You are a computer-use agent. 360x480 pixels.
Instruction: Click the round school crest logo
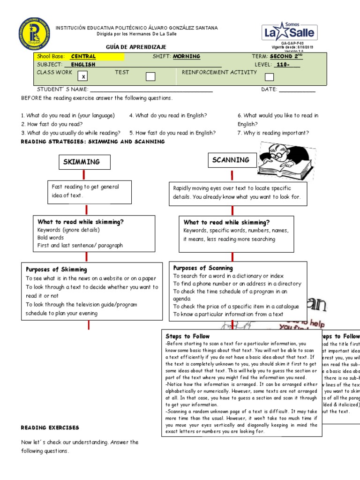[34, 34]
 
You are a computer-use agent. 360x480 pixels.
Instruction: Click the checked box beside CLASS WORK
[83, 76]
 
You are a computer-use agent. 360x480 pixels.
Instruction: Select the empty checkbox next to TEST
[150, 76]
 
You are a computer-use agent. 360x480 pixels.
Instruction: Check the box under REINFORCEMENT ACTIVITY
[269, 77]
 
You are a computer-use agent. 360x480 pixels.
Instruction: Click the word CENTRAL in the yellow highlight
[83, 56]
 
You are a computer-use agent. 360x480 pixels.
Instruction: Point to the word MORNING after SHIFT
[187, 56]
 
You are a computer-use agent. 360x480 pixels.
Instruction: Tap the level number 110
[282, 65]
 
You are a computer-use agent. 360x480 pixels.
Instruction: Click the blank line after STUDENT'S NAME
[151, 90]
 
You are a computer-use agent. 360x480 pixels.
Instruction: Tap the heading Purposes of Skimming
[56, 270]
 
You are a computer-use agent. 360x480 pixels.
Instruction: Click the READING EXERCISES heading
[50, 427]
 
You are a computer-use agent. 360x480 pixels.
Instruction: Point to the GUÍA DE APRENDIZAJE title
[136, 47]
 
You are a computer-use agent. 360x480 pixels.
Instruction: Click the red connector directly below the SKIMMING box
[84, 175]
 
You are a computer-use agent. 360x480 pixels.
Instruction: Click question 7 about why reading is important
[273, 133]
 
